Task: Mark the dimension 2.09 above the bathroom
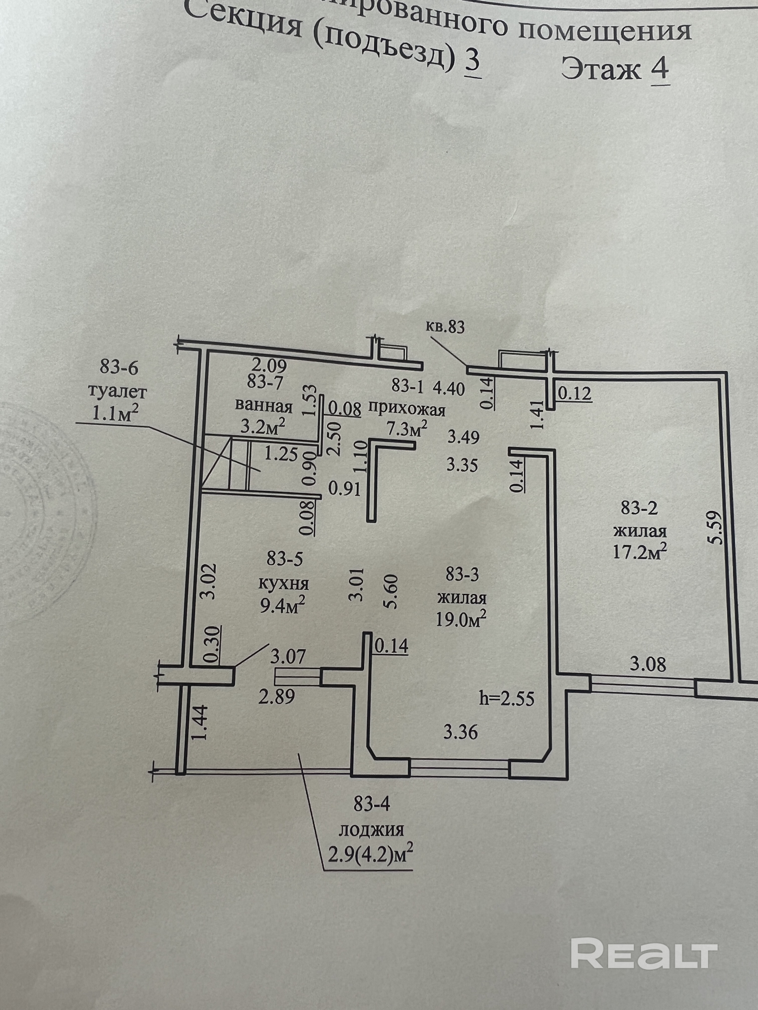(269, 365)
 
